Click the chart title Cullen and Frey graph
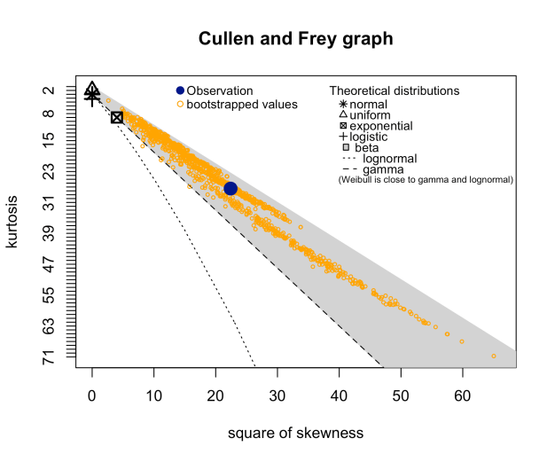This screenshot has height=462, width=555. click(x=295, y=39)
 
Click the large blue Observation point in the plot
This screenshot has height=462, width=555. click(x=231, y=188)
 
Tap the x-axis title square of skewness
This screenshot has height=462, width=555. click(x=295, y=433)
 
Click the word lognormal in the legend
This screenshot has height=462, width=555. click(x=390, y=159)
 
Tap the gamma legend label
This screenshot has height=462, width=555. click(x=384, y=169)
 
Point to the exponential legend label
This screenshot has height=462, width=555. click(x=381, y=126)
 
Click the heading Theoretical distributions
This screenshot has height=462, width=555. click(x=394, y=91)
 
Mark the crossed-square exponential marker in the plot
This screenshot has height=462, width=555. click(x=117, y=117)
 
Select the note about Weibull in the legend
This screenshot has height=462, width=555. click(x=426, y=180)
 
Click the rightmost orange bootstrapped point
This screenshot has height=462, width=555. click(x=493, y=356)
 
